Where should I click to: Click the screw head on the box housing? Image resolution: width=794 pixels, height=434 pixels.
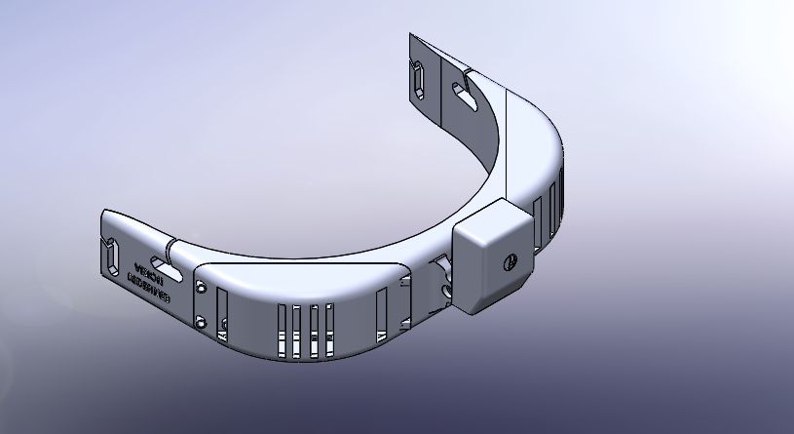pyautogui.click(x=508, y=261)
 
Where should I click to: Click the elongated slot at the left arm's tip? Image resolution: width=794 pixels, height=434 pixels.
pyautogui.click(x=112, y=256)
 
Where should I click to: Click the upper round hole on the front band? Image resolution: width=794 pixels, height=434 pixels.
pyautogui.click(x=202, y=288)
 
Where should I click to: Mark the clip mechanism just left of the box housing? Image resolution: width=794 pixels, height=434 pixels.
pyautogui.click(x=443, y=278)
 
